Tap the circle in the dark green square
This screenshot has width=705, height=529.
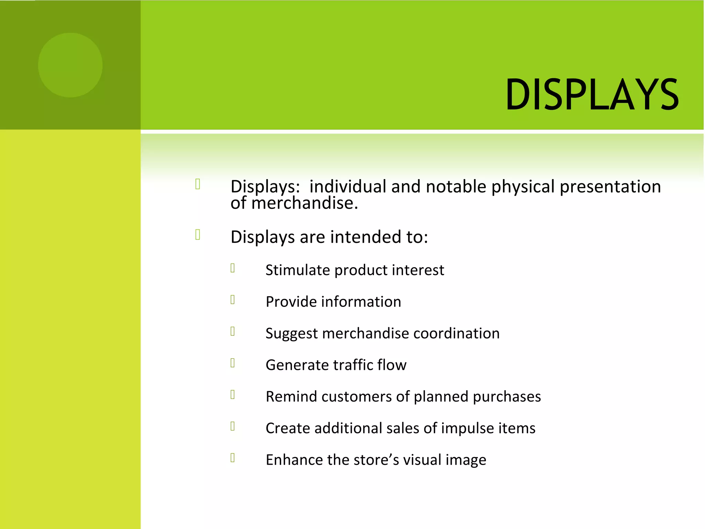[x=70, y=65]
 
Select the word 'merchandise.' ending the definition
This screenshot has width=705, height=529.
[x=305, y=203]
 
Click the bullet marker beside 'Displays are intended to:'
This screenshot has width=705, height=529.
[x=198, y=235]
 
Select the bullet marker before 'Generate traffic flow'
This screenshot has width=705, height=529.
[x=233, y=363]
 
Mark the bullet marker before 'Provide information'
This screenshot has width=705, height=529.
[x=233, y=300]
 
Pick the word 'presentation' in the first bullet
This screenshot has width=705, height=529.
[x=610, y=187]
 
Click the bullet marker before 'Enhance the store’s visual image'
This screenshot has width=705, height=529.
[x=233, y=458]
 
